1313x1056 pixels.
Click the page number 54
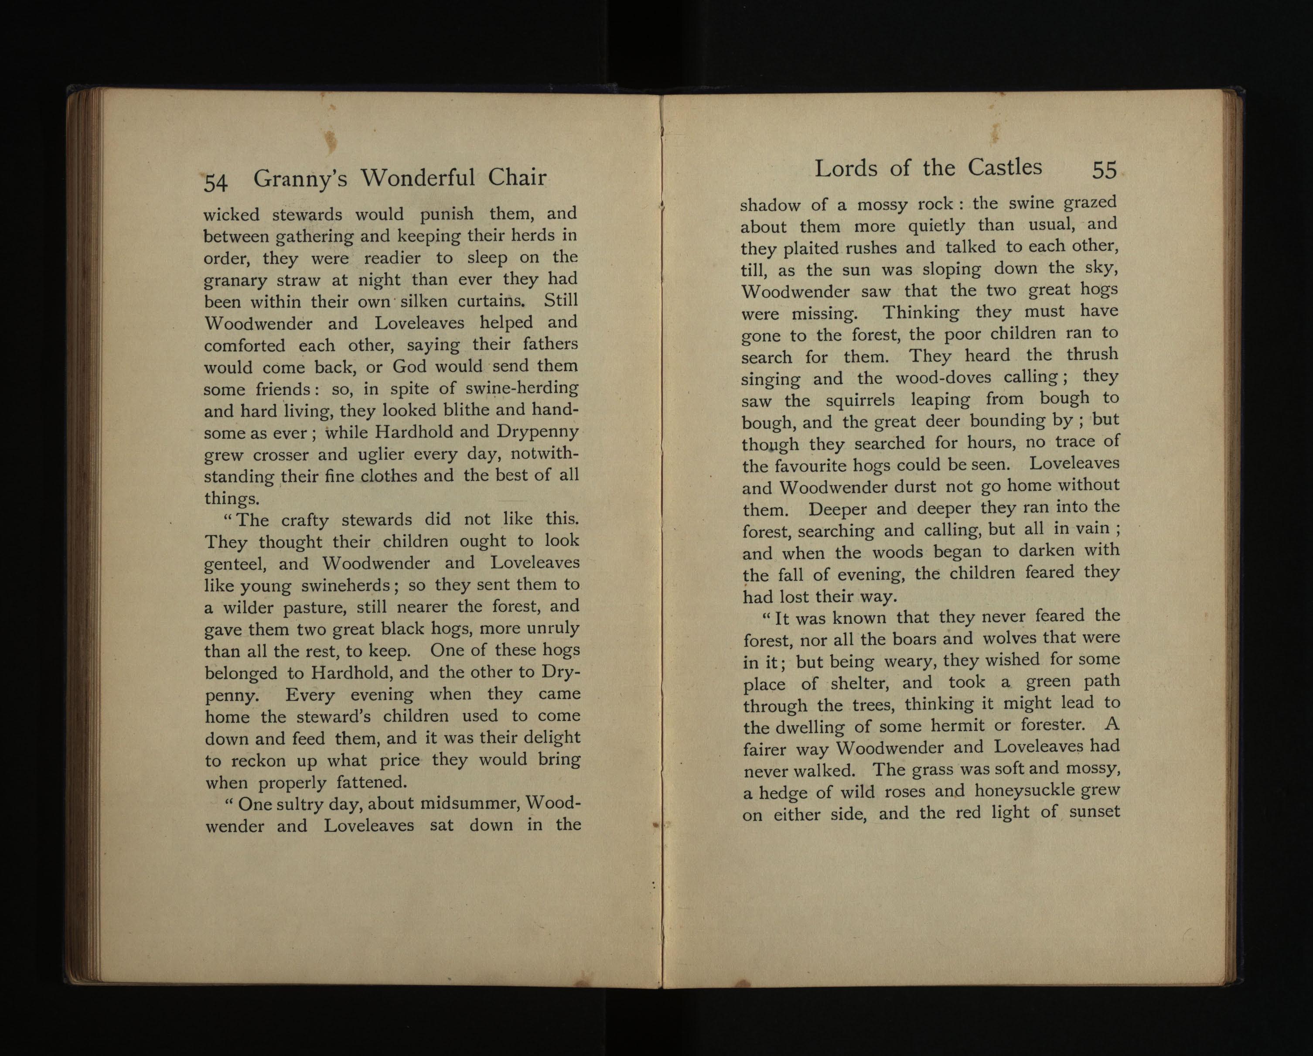coord(215,182)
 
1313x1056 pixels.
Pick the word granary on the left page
coord(235,281)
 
